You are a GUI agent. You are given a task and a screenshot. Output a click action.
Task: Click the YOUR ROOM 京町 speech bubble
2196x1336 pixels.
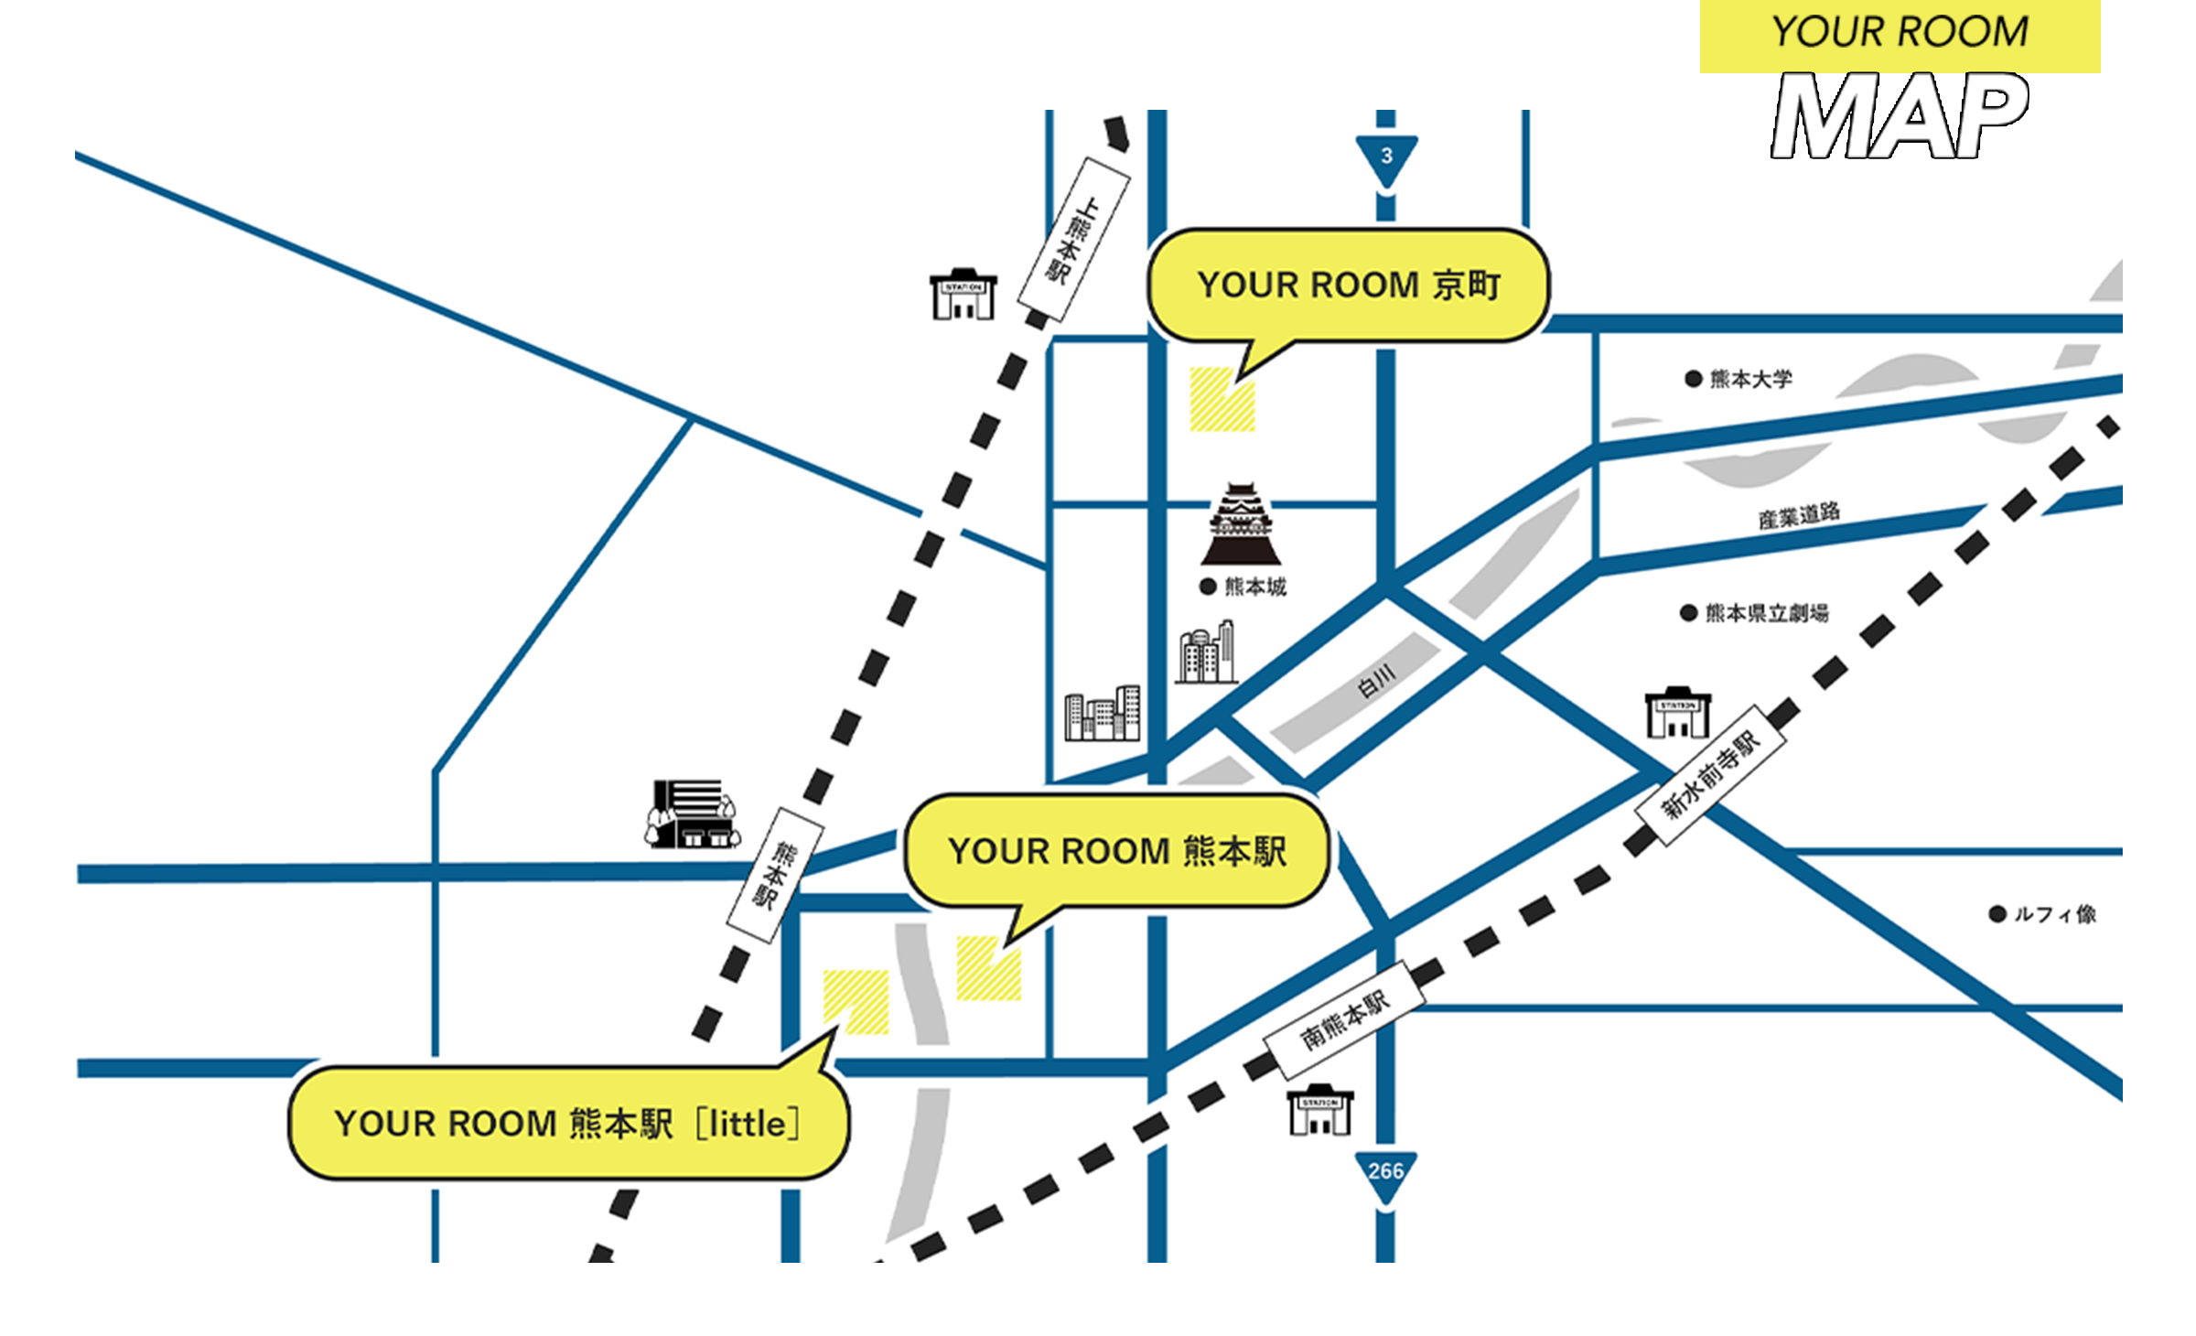tap(1348, 286)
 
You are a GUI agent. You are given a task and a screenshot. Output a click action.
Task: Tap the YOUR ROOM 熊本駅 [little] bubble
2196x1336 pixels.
tap(567, 1124)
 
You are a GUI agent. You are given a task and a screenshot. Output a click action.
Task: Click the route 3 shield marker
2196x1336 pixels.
tap(1386, 158)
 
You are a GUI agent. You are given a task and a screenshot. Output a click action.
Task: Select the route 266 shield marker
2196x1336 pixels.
tap(1385, 1173)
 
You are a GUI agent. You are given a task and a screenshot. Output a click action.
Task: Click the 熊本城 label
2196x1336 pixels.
tap(1254, 587)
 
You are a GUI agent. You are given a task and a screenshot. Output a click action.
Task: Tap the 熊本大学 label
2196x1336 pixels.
tap(1749, 379)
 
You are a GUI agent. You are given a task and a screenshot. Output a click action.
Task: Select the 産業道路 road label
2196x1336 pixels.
tap(1798, 515)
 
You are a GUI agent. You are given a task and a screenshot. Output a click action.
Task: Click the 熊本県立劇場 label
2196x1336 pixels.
tap(1766, 613)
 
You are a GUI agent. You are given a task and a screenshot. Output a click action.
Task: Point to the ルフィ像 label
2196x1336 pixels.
tap(2054, 914)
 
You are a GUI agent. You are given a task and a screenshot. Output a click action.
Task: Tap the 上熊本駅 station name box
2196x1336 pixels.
tap(1074, 239)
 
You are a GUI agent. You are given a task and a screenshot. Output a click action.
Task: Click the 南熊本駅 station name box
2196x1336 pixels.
tap(1344, 1019)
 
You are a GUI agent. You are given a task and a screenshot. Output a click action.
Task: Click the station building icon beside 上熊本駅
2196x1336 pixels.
tap(963, 295)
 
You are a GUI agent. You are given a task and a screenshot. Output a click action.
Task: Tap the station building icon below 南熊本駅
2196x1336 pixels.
tap(1319, 1112)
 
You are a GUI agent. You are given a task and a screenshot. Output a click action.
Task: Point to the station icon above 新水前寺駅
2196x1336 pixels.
tap(1677, 713)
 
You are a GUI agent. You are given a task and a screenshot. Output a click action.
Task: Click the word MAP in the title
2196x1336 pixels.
tap(1900, 116)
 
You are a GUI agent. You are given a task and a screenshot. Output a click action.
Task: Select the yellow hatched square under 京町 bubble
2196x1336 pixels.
tap(1222, 400)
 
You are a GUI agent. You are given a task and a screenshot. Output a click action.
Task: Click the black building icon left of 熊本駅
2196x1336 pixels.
tap(692, 813)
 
